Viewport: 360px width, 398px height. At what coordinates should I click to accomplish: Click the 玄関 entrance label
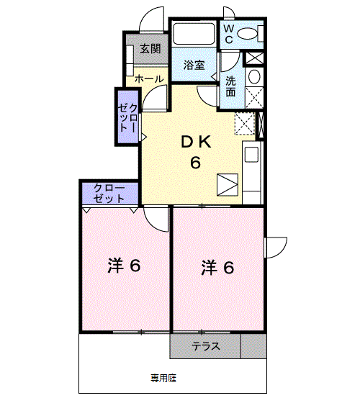[x=150, y=49]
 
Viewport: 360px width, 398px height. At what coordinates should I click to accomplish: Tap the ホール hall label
[x=148, y=78]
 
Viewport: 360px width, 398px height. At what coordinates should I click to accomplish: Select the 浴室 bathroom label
[x=194, y=65]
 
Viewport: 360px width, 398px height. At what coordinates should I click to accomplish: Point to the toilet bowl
[x=247, y=33]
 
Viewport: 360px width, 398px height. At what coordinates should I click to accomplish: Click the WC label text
[x=227, y=33]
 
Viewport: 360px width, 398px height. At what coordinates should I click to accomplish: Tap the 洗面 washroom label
[x=230, y=86]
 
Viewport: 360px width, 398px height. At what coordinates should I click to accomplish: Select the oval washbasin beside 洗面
[x=253, y=78]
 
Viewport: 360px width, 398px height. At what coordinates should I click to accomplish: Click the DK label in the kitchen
[x=194, y=143]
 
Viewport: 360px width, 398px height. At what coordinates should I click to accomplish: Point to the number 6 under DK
[x=194, y=163]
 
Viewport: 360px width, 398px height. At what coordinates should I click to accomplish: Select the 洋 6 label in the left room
[x=123, y=266]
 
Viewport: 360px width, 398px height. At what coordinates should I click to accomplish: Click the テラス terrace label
[x=205, y=347]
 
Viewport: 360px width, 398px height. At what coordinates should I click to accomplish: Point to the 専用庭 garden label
[x=163, y=377]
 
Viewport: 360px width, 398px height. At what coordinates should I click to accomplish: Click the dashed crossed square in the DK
[x=245, y=123]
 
